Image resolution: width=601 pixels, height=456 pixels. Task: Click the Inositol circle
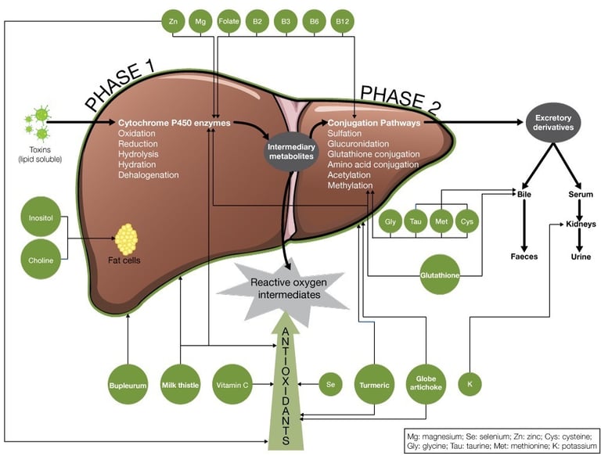point(41,219)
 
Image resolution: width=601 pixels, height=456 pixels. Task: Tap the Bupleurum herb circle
point(128,384)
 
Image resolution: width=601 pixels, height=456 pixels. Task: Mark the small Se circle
point(331,384)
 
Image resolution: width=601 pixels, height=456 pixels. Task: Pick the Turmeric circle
point(375,384)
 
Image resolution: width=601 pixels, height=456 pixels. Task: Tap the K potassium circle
point(470,384)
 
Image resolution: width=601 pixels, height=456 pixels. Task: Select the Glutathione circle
point(440,275)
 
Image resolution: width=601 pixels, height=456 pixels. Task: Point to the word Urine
point(581,256)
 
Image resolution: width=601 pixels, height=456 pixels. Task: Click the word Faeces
point(524,256)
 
